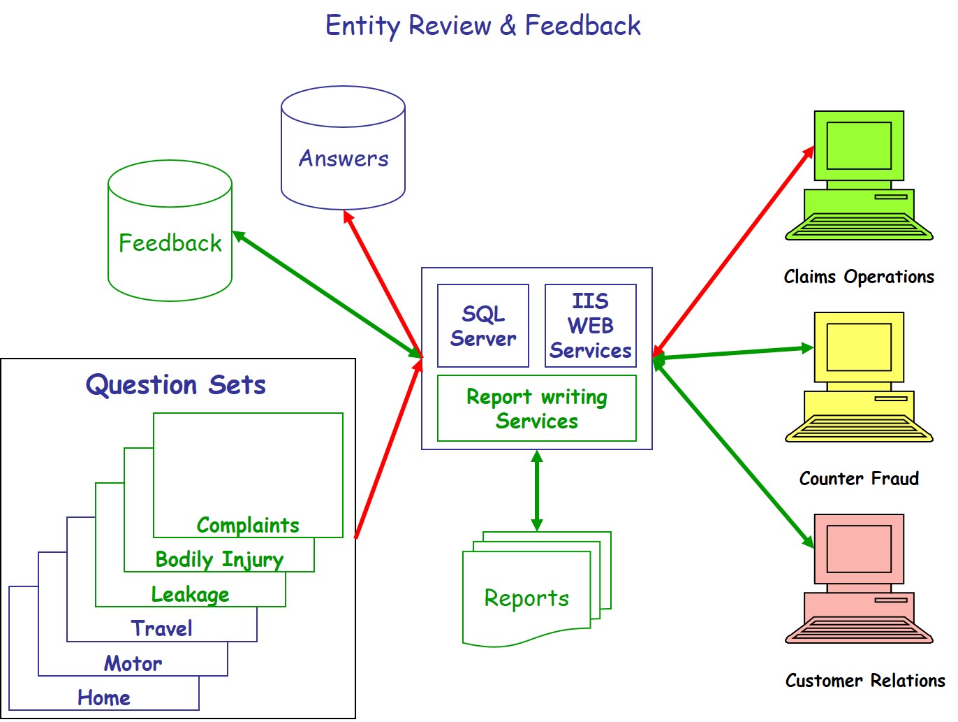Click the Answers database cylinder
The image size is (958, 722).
pyautogui.click(x=343, y=147)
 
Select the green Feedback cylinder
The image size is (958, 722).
pyautogui.click(x=170, y=230)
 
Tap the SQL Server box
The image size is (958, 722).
pyautogui.click(x=482, y=326)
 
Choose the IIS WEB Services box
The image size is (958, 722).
pyautogui.click(x=590, y=326)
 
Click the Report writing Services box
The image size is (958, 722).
pyautogui.click(x=536, y=408)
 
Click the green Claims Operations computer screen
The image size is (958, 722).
pyautogui.click(x=858, y=145)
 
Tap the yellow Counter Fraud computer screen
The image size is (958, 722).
pyautogui.click(x=858, y=347)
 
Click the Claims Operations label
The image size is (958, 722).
pyautogui.click(x=858, y=277)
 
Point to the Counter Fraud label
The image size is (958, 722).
pyautogui.click(x=858, y=478)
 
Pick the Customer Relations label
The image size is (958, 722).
pyautogui.click(x=864, y=681)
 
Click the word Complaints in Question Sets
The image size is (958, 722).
pyautogui.click(x=247, y=525)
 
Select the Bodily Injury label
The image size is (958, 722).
pyautogui.click(x=219, y=560)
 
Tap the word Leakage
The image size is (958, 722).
pyautogui.click(x=190, y=595)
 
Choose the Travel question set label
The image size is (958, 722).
pyautogui.click(x=161, y=628)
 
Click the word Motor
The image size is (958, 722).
pyautogui.click(x=133, y=663)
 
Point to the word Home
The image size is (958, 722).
pyautogui.click(x=103, y=698)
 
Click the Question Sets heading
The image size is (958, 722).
pyautogui.click(x=175, y=385)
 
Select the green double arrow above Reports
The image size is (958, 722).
pyautogui.click(x=536, y=491)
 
